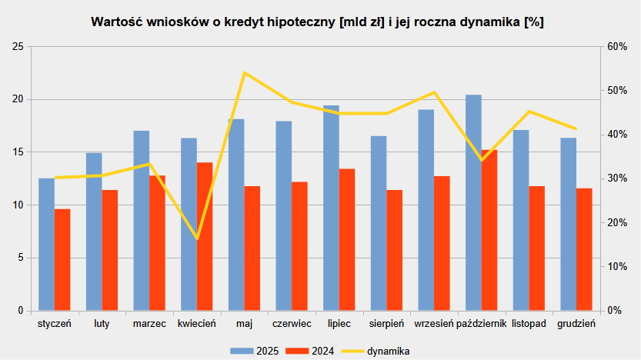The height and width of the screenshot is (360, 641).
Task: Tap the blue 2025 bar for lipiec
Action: tap(331, 208)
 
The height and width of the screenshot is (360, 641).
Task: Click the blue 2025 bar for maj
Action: tap(236, 215)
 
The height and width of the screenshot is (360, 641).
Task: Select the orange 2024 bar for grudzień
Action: tap(585, 249)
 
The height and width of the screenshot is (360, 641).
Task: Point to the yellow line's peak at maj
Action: tap(244, 72)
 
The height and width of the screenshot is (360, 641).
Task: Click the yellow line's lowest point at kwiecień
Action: tap(197, 238)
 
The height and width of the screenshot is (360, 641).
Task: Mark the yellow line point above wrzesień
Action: tap(434, 92)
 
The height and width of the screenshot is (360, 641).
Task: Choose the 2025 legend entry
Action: tap(253, 351)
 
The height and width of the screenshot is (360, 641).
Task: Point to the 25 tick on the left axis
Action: tap(18, 47)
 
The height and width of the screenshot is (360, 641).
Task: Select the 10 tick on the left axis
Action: tap(18, 205)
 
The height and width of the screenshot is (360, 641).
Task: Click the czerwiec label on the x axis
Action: tap(292, 324)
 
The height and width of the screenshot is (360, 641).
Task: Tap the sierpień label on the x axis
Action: tap(386, 324)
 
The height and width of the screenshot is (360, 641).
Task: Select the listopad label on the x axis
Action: tap(529, 324)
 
